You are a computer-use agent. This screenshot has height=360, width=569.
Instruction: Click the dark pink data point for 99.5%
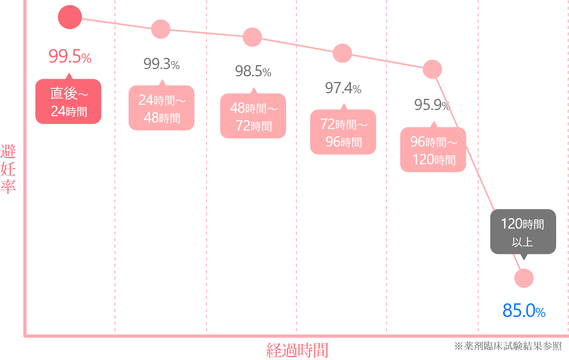pos(70,17)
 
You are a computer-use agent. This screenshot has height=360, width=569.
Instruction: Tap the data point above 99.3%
pos(161,29)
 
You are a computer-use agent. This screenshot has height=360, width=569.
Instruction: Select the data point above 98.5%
pos(252,37)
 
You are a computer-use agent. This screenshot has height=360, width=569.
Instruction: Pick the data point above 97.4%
pos(342,53)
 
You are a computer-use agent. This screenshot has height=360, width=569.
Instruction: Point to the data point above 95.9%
pos(432,69)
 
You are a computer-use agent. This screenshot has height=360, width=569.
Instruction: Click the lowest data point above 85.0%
pos(524,278)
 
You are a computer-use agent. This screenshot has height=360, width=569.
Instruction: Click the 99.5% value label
pos(70,57)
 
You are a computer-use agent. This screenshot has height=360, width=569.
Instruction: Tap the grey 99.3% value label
pos(161,64)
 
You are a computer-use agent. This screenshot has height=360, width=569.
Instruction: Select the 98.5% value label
pos(253,72)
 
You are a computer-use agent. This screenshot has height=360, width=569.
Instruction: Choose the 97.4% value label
pos(343,88)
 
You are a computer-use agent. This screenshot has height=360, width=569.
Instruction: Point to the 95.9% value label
pos(432,105)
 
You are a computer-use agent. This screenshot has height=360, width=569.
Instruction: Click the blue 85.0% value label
pos(524,311)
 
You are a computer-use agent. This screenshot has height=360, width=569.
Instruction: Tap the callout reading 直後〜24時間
pos(68,102)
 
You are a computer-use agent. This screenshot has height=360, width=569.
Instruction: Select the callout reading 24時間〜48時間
pos(162,108)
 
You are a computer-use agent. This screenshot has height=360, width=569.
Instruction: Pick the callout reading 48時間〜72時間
pos(253,116)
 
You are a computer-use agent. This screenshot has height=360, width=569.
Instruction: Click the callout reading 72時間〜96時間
pos(343,132)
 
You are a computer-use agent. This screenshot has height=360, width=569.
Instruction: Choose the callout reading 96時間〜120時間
pos(433,150)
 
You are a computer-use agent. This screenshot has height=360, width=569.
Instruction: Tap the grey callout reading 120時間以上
pos(523,232)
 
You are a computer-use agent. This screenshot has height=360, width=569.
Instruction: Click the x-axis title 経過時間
pos(297,350)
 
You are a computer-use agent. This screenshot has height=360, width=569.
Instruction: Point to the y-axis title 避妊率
pos(8,169)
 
